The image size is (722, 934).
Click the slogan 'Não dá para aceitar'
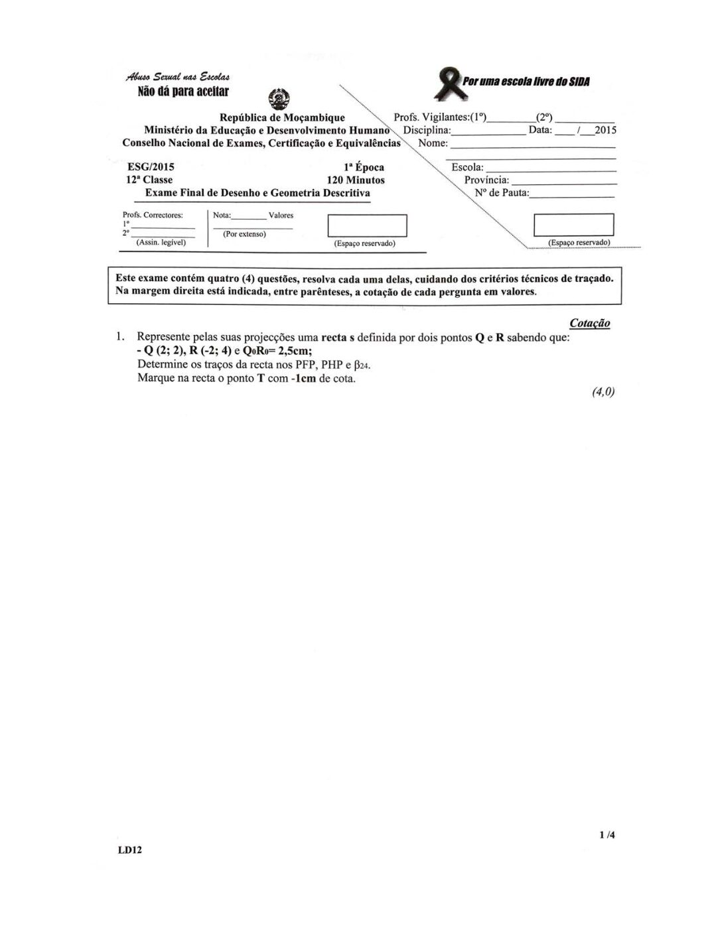tap(183, 92)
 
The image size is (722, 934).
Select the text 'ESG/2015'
tap(151, 167)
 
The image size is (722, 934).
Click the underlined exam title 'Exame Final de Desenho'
tap(257, 193)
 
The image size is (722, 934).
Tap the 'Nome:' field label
tap(433, 143)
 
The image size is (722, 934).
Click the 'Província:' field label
tap(486, 180)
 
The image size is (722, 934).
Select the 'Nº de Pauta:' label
tap(502, 193)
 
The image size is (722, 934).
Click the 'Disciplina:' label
tap(427, 130)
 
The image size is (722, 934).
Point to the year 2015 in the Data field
tap(605, 130)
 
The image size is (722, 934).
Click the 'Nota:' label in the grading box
tap(222, 216)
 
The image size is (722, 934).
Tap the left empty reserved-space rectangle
tap(367, 226)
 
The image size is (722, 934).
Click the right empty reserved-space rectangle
tap(573, 225)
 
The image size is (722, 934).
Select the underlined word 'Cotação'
tap(589, 323)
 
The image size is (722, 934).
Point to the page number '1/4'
tap(607, 835)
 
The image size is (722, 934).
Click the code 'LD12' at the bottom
tap(130, 850)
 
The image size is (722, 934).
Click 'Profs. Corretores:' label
tap(153, 215)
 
